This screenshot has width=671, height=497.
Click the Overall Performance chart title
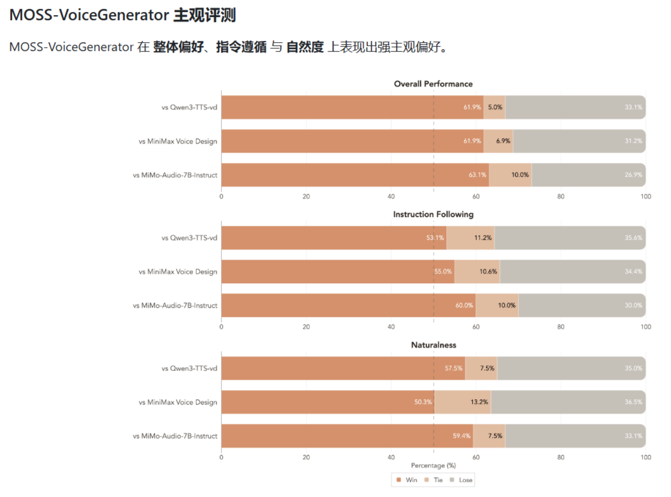433,84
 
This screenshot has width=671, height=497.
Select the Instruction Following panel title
433,215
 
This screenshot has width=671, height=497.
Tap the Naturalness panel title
434,345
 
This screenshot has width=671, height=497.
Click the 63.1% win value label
477,175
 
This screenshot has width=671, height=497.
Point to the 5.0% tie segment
494,108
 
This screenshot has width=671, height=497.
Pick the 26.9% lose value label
633,175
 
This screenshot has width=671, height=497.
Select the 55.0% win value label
443,272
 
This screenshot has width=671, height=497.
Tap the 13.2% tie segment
463,402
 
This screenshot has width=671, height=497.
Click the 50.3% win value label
423,402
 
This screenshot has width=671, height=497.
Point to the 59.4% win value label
461,436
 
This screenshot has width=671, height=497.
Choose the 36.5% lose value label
633,402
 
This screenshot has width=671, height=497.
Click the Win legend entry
407,480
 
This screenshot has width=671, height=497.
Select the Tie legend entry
434,480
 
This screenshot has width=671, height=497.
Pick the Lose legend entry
461,480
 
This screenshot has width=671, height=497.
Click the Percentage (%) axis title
434,466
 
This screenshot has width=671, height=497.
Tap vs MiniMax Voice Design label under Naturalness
178,402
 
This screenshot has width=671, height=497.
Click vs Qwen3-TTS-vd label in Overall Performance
189,108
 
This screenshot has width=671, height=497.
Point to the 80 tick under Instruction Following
561,327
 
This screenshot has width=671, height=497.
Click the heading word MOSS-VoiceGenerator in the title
89,15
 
